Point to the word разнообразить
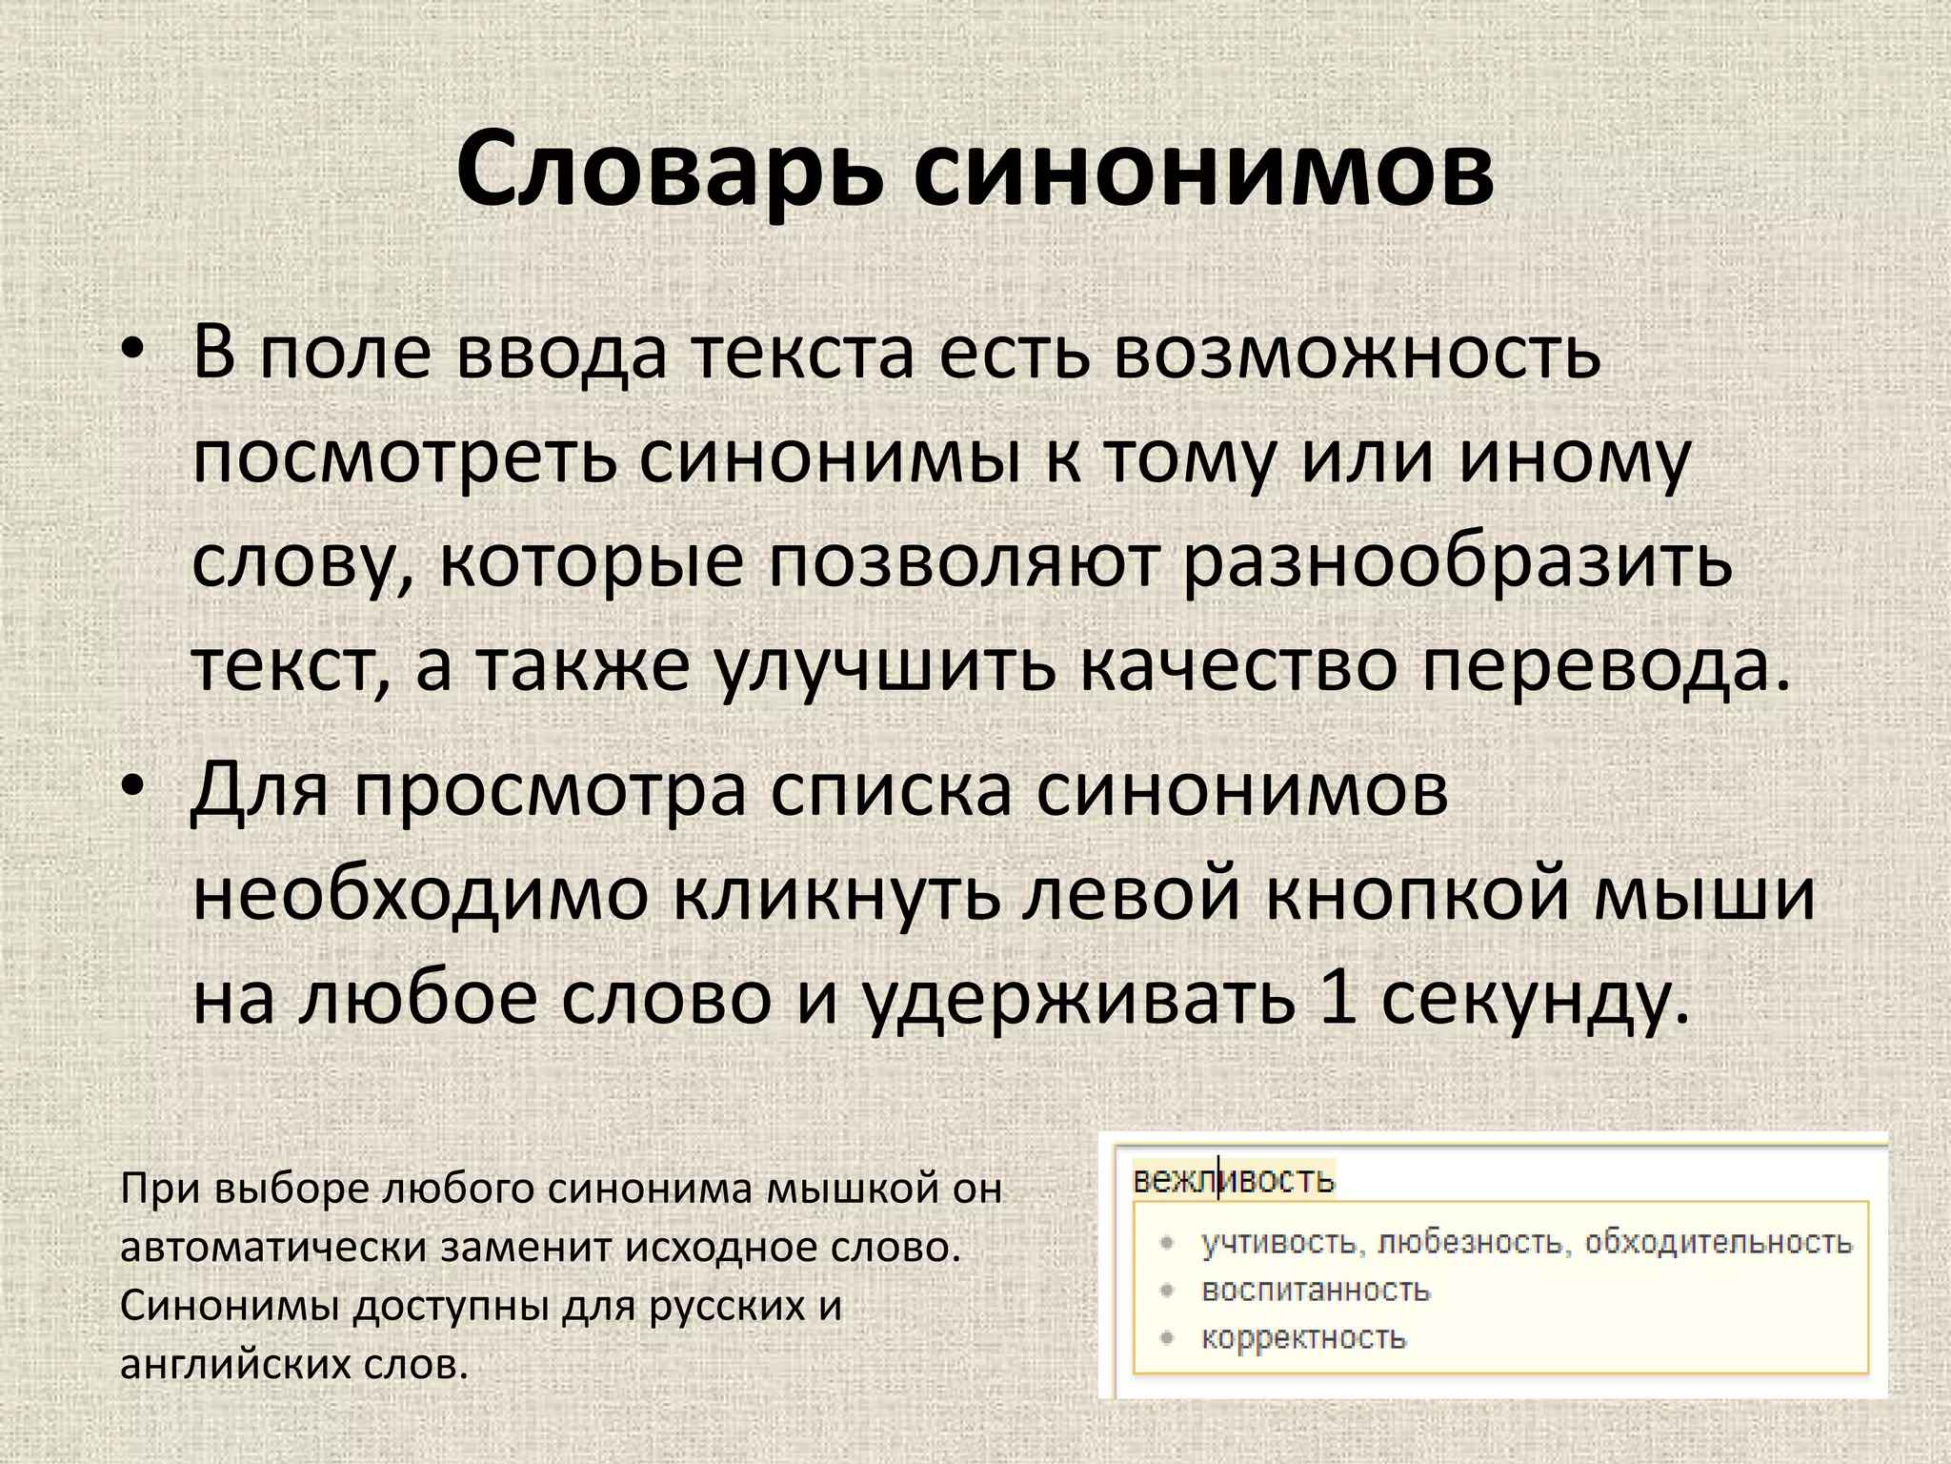pyautogui.click(x=1457, y=562)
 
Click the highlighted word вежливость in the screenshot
pyautogui.click(x=1234, y=1181)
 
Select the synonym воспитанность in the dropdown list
pyautogui.click(x=1316, y=1290)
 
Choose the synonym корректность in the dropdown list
pyautogui.click(x=1303, y=1337)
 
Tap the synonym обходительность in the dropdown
pyautogui.click(x=1719, y=1242)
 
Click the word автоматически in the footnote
pyautogui.click(x=272, y=1249)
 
